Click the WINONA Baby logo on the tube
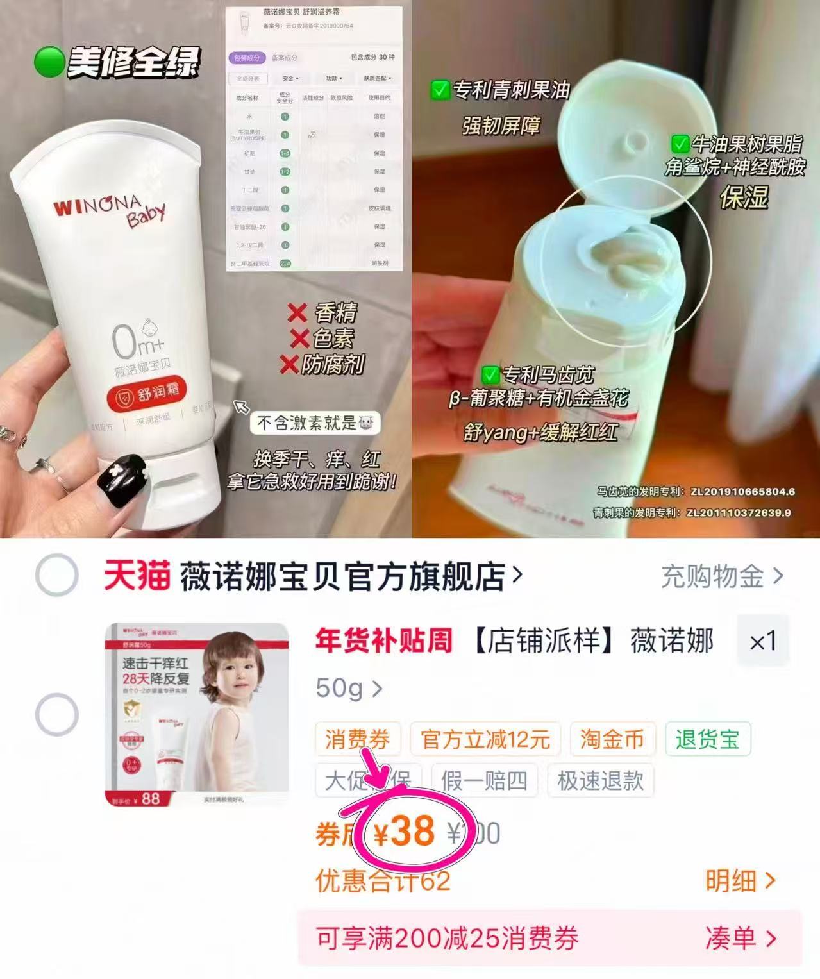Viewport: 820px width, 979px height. click(x=109, y=212)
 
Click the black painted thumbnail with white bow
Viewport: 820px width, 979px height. click(x=122, y=481)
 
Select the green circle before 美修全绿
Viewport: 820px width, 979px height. click(x=49, y=63)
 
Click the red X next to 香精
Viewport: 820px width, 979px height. click(x=297, y=313)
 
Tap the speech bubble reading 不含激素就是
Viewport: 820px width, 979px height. click(x=315, y=423)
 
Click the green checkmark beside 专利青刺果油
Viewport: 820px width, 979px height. click(x=439, y=90)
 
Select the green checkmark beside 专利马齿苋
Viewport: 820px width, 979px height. click(x=490, y=374)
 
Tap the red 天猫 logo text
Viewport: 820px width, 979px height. click(x=137, y=576)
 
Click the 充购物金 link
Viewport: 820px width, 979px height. click(x=722, y=576)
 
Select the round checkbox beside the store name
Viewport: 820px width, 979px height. click(x=57, y=575)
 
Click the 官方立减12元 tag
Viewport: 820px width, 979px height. click(x=485, y=739)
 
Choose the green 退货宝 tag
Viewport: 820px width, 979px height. click(x=707, y=739)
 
